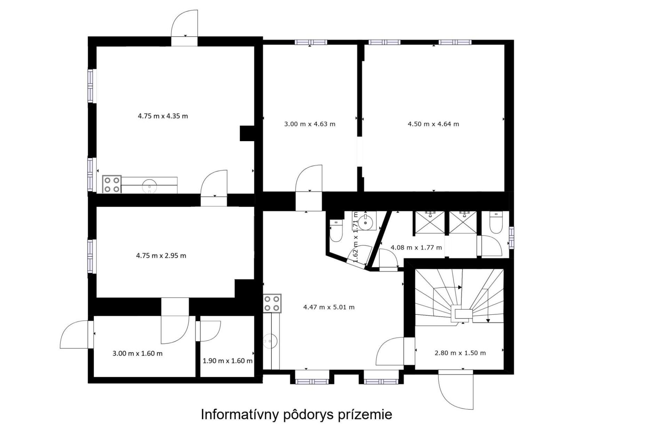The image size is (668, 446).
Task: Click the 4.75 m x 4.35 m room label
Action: click(x=163, y=116)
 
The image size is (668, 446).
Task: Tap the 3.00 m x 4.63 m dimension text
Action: click(x=310, y=124)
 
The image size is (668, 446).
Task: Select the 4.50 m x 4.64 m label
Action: click(x=433, y=124)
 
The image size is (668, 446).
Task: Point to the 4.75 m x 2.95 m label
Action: click(x=161, y=256)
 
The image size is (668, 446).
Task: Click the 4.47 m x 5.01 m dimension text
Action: click(x=329, y=307)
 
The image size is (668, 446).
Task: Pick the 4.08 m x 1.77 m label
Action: click(x=416, y=248)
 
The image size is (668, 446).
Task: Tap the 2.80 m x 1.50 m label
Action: click(x=460, y=353)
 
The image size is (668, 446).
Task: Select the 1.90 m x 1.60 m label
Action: click(x=228, y=361)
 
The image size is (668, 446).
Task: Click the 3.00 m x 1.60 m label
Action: click(x=137, y=353)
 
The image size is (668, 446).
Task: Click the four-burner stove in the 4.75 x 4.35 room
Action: click(x=112, y=184)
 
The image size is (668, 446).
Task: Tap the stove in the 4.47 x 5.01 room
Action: click(x=272, y=303)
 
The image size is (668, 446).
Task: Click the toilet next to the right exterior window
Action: click(x=495, y=222)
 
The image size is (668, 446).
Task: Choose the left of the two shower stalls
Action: click(x=429, y=222)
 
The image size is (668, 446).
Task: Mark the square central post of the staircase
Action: click(x=462, y=314)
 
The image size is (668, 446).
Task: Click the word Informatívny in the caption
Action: click(x=240, y=415)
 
